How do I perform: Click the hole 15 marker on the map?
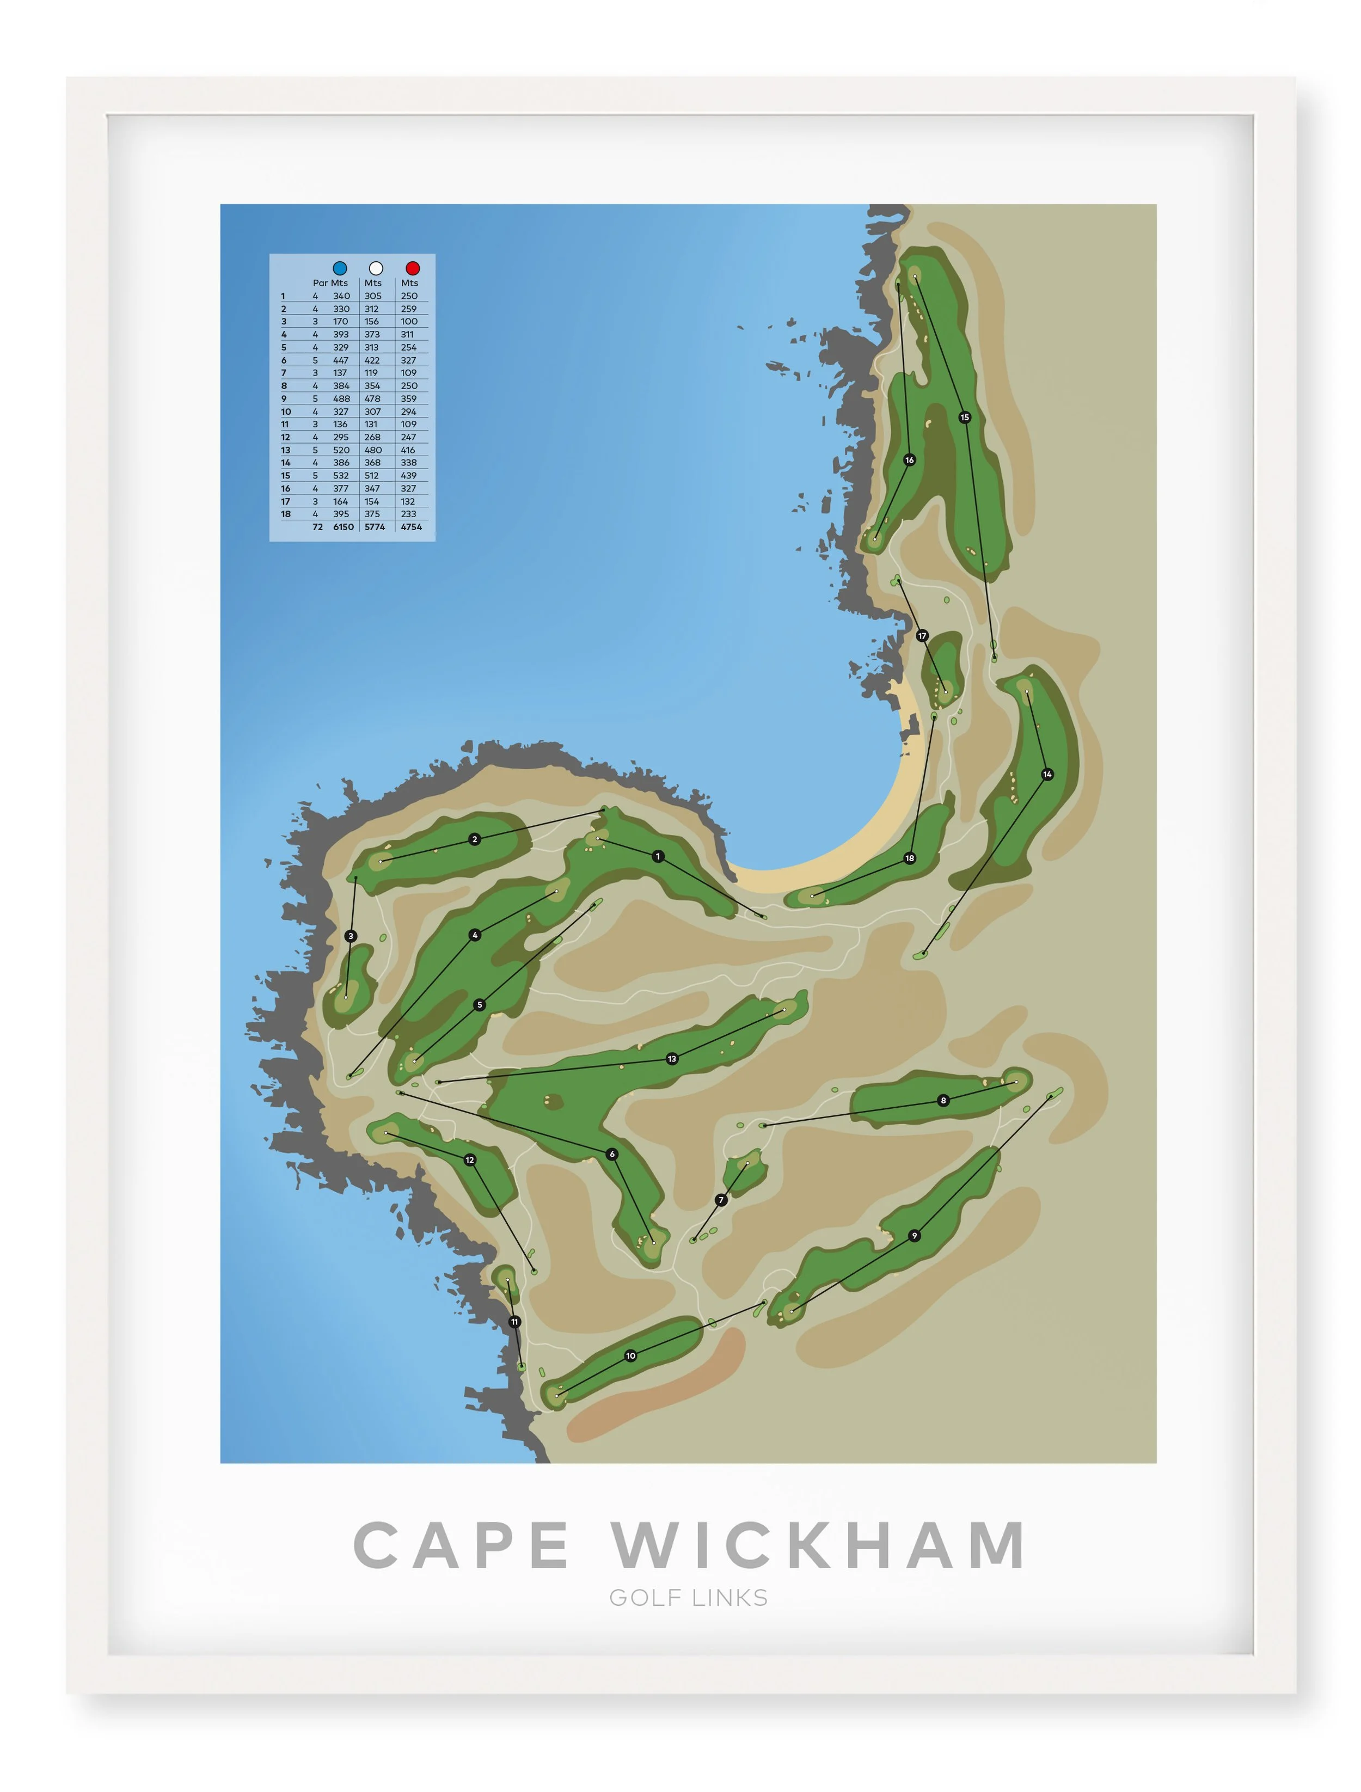tap(964, 417)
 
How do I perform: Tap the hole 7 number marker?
tap(721, 1200)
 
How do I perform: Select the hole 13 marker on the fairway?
tap(672, 1059)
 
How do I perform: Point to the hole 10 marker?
tap(630, 1355)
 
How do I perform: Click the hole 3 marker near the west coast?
tap(351, 936)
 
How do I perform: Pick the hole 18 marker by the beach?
tap(910, 858)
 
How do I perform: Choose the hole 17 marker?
tap(922, 636)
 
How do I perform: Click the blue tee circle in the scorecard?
tap(340, 267)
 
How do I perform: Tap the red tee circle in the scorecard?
tap(412, 267)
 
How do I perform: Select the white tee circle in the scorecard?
tap(376, 267)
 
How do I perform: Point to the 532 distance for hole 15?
tap(341, 476)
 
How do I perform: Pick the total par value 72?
tap(317, 526)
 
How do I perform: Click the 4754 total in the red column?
tap(410, 526)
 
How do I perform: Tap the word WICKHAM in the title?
tap(818, 1544)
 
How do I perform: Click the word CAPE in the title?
tap(462, 1544)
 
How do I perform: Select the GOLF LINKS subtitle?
tap(689, 1598)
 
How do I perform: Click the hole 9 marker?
tap(914, 1236)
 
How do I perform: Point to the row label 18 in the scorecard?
tap(285, 514)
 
